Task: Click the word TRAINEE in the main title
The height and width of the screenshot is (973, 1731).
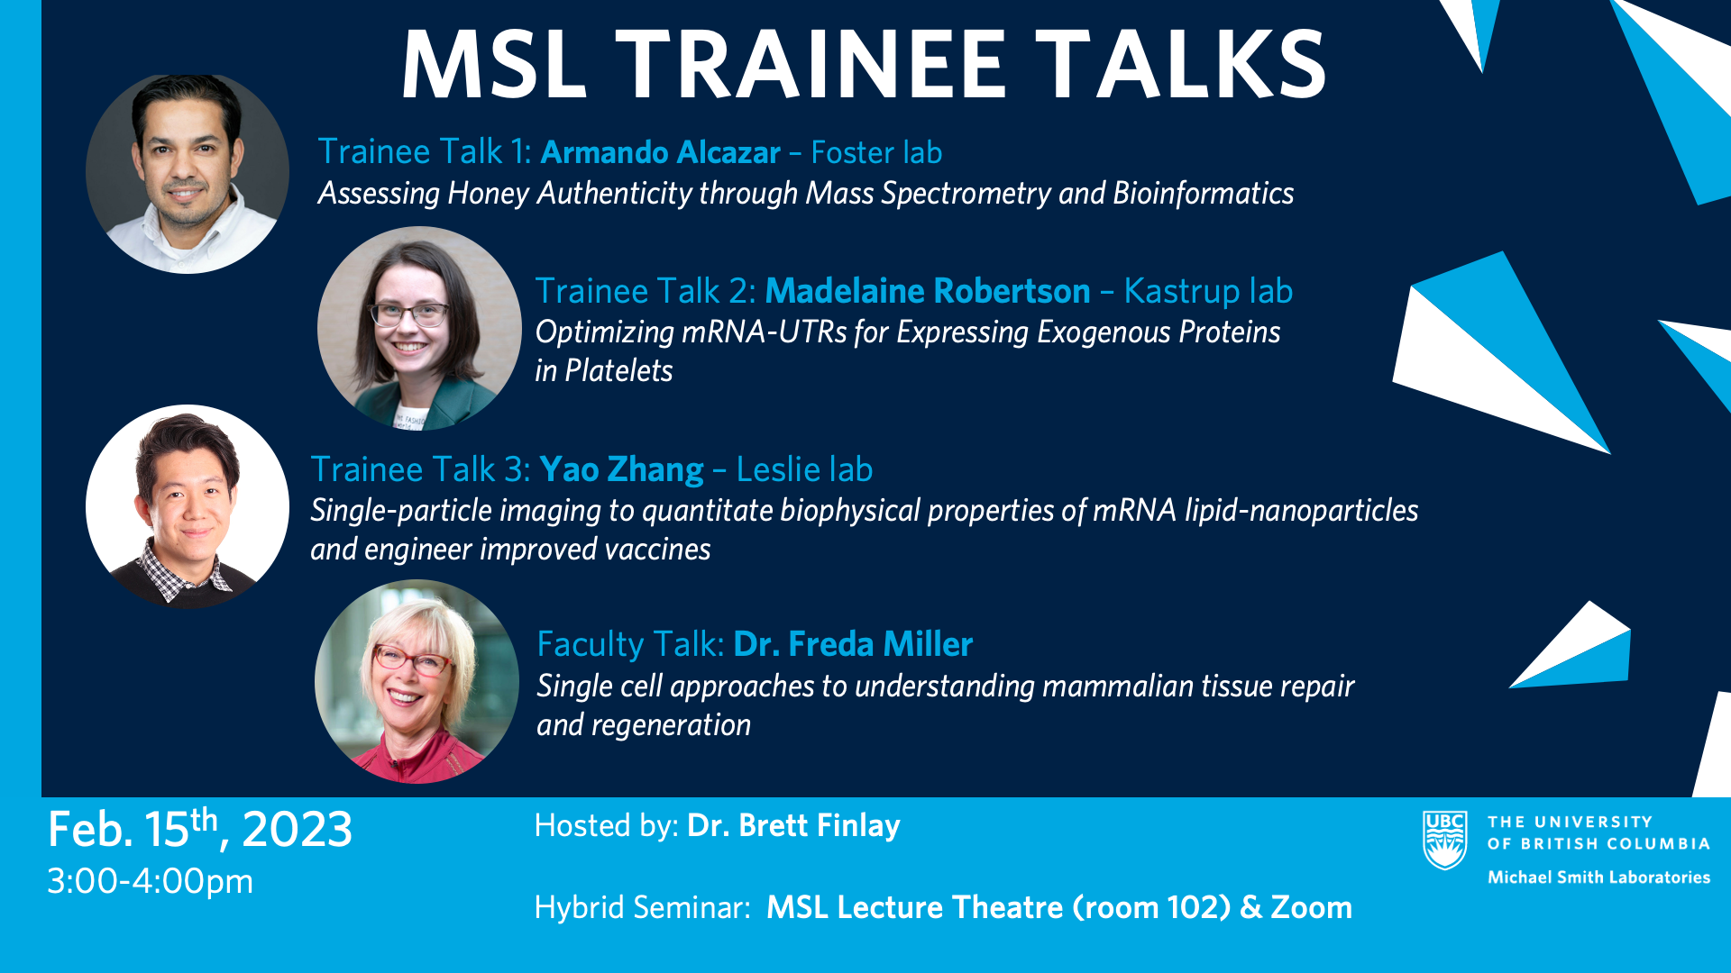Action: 811,65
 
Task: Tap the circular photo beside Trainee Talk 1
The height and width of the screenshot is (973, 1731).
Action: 188,173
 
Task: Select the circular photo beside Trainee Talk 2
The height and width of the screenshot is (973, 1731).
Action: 419,328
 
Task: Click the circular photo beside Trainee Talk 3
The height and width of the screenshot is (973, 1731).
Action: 188,506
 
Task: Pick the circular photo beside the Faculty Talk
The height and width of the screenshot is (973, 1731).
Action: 417,681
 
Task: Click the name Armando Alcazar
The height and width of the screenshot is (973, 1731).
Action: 660,152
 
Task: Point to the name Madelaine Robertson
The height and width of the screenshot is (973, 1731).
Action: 928,291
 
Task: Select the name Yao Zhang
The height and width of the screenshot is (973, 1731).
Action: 621,470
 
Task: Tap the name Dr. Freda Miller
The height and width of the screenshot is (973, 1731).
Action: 853,644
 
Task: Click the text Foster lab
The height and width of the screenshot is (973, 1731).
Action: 876,152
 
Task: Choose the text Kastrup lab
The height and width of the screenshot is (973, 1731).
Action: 1208,292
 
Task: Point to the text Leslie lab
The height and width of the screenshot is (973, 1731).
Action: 804,469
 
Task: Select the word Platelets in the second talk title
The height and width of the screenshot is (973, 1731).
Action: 618,370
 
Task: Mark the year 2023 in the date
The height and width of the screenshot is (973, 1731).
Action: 297,829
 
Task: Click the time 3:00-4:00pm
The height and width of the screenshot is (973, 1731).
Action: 151,881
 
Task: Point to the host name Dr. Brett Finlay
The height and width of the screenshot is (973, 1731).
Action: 793,825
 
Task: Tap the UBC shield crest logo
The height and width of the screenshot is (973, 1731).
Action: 1444,841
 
